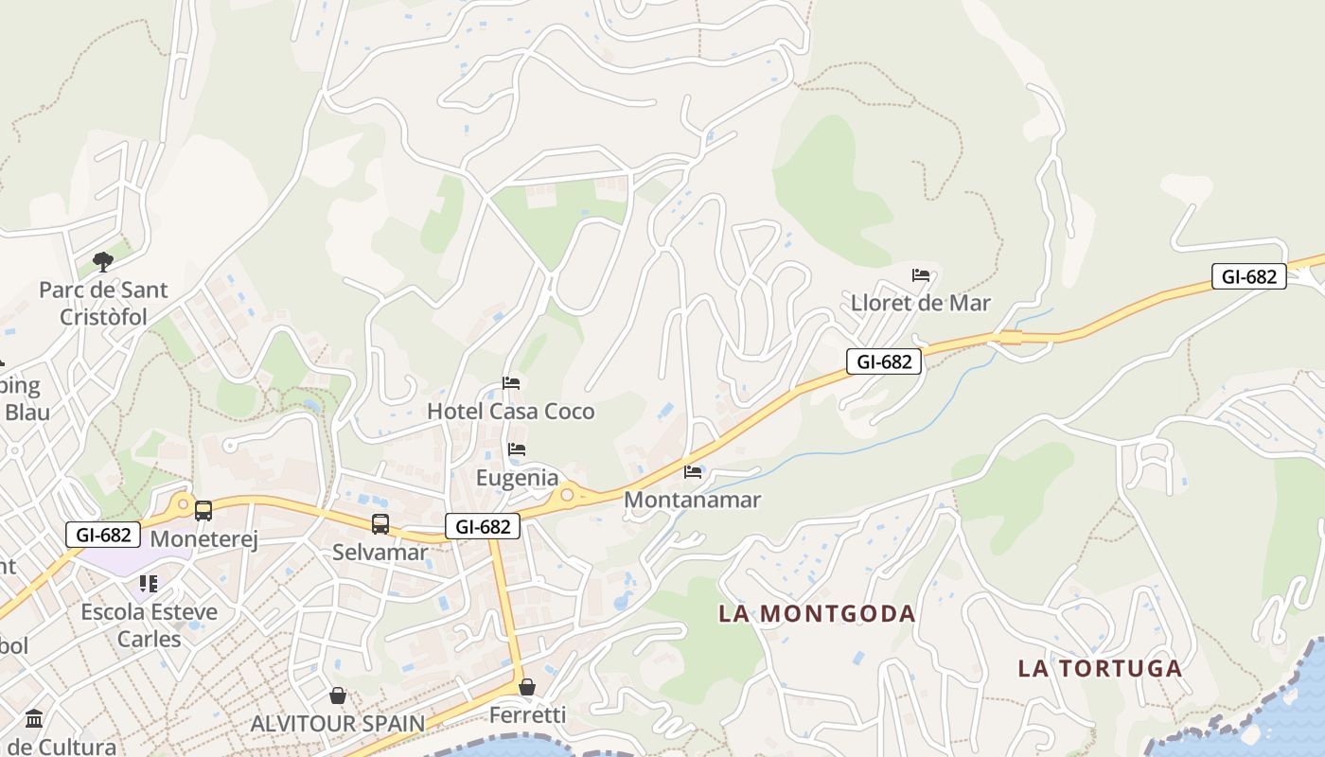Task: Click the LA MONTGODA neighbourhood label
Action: coord(817,613)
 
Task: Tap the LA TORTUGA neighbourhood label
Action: coord(1100,668)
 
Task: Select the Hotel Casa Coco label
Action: coord(511,412)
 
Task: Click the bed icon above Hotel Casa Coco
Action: coord(511,383)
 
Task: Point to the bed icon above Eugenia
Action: coord(517,449)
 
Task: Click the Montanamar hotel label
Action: coord(693,500)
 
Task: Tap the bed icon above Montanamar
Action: coord(693,471)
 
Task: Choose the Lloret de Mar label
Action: coord(920,303)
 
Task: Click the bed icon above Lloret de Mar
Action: coord(921,275)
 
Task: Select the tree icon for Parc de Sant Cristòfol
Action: coord(103,261)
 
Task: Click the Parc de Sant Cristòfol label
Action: coord(103,303)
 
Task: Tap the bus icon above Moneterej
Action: coord(203,511)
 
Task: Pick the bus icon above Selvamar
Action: coord(380,523)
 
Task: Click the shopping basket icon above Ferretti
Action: coord(527,687)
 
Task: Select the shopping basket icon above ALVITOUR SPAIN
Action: coord(338,696)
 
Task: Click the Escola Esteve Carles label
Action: coord(149,625)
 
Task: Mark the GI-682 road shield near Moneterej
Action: coord(103,535)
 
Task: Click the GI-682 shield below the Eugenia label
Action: coord(483,527)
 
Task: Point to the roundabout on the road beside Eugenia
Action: coord(567,493)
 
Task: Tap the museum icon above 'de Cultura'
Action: coord(35,718)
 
